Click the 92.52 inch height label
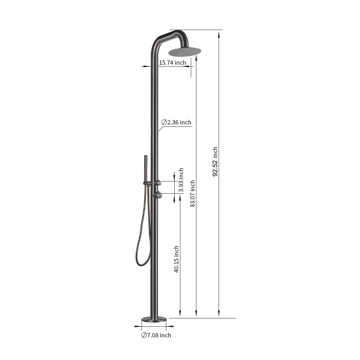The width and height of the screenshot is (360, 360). point(215,161)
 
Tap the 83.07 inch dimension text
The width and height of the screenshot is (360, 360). point(192,193)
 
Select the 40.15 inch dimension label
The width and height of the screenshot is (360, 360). point(176,259)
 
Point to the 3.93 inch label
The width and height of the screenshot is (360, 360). point(181,180)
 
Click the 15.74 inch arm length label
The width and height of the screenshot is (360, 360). point(172,63)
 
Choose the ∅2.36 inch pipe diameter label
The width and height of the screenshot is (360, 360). point(176,122)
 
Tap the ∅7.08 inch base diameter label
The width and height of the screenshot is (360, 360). point(156,335)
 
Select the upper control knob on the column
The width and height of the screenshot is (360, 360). point(159,183)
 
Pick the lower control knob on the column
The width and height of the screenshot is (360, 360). point(159,195)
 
